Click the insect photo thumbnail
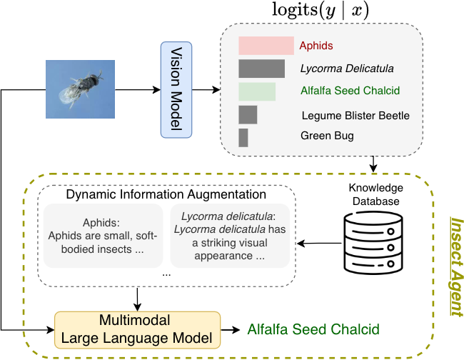(79, 89)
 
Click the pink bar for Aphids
(266, 46)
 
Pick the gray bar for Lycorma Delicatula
(261, 69)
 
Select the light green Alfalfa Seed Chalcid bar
(256, 91)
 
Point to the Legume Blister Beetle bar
(248, 114)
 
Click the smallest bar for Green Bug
(243, 136)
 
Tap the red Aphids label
(316, 46)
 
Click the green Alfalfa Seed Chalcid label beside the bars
(350, 91)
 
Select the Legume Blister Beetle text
(355, 115)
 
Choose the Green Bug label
(326, 136)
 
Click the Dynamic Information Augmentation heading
(166, 194)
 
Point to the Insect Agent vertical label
(453, 266)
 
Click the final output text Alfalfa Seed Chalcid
(312, 330)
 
